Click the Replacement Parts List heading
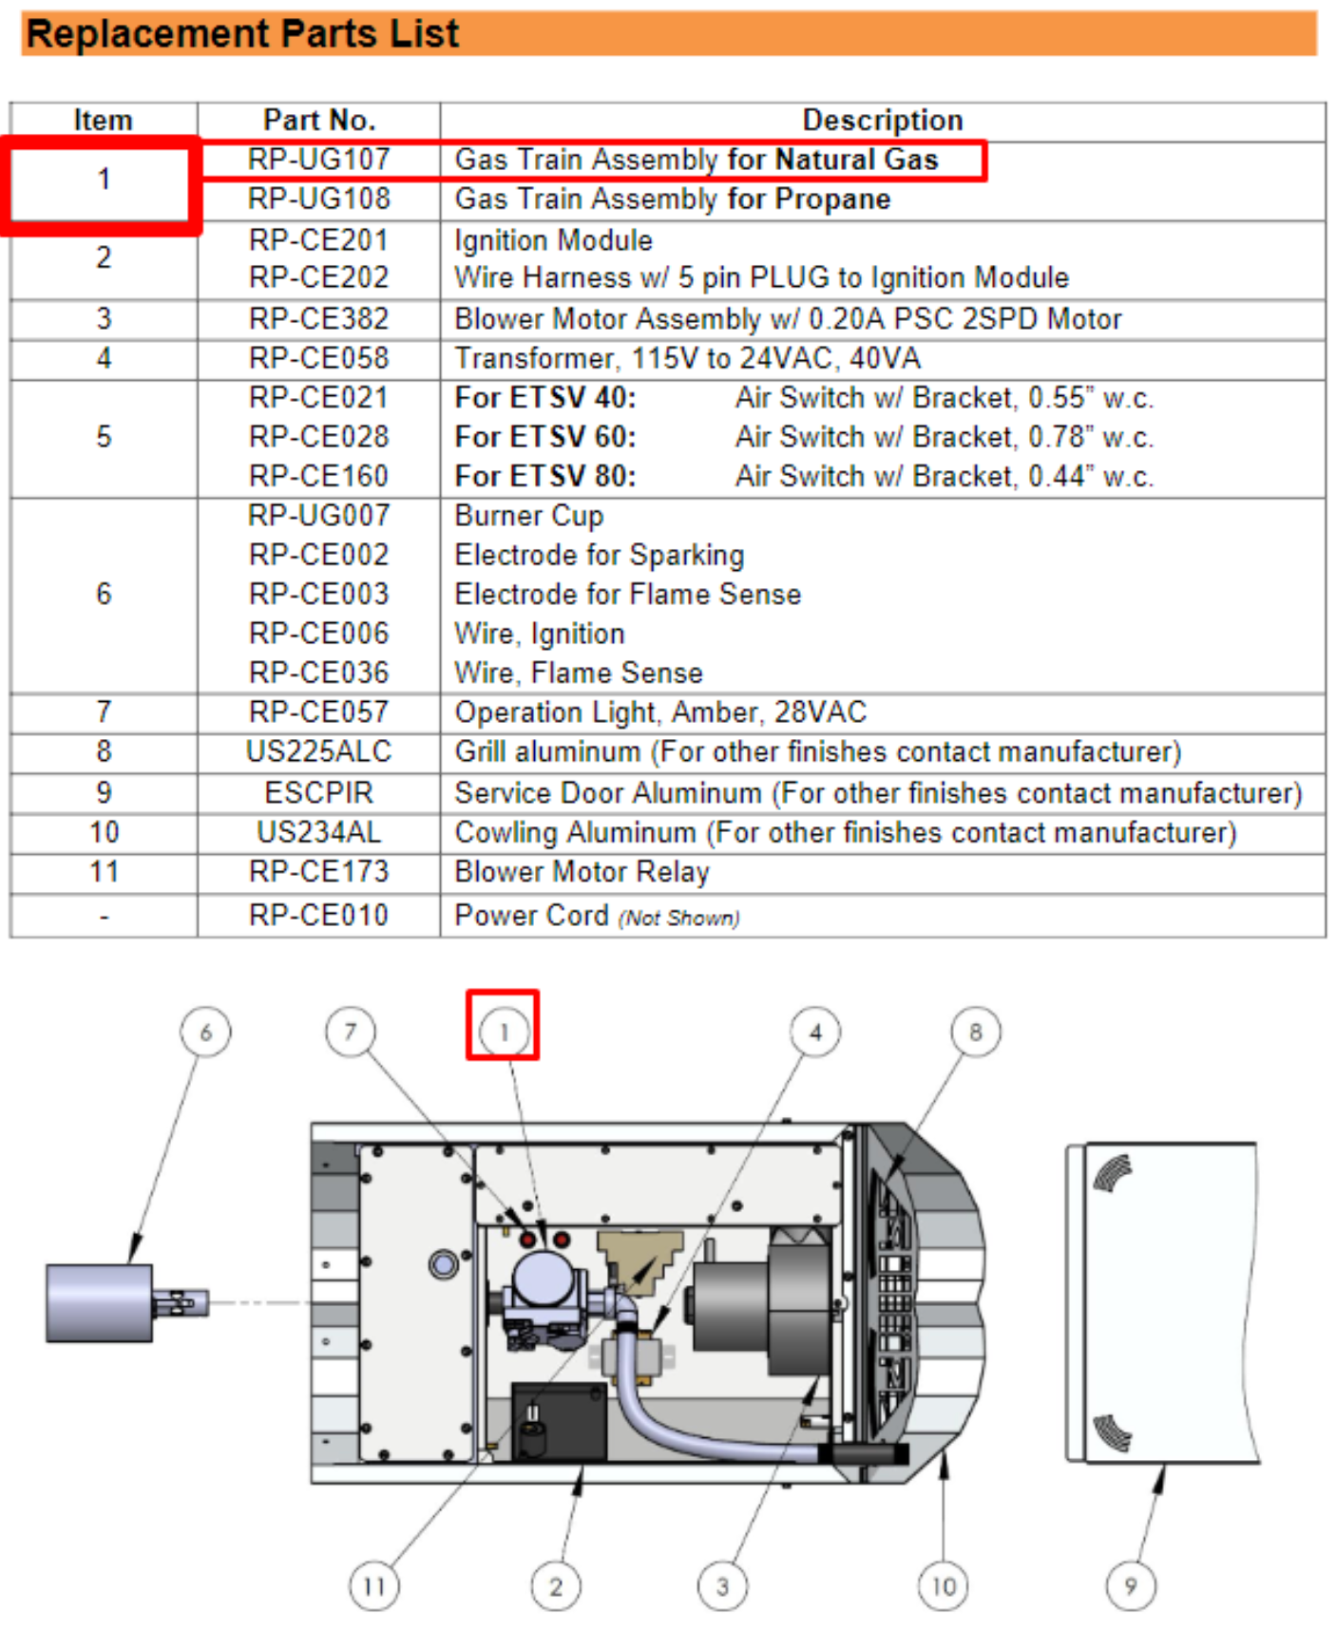[242, 34]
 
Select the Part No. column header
[319, 120]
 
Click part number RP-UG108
[319, 199]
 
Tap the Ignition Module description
[553, 240]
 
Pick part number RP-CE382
[319, 319]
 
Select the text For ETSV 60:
[545, 437]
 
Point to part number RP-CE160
[319, 476]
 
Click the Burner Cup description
[528, 516]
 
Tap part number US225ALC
[319, 751]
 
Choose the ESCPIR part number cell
[319, 792]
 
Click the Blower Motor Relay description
[582, 872]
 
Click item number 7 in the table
[104, 712]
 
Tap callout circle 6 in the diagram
[205, 1033]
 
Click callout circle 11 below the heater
[374, 1586]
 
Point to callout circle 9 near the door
[1131, 1586]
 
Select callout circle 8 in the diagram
[976, 1033]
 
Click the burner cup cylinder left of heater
[100, 1303]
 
